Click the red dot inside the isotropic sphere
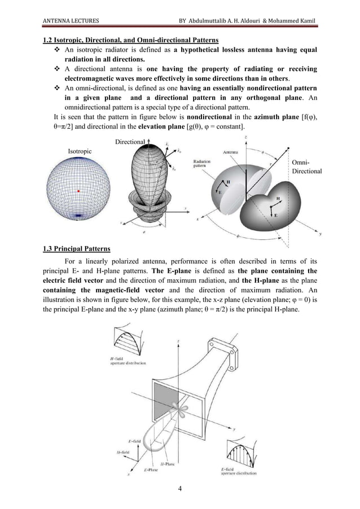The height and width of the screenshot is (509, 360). click(80, 191)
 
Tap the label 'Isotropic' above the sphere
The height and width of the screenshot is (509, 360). click(80, 151)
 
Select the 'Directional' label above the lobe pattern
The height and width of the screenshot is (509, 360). click(130, 141)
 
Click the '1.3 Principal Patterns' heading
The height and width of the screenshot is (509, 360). click(77, 249)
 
